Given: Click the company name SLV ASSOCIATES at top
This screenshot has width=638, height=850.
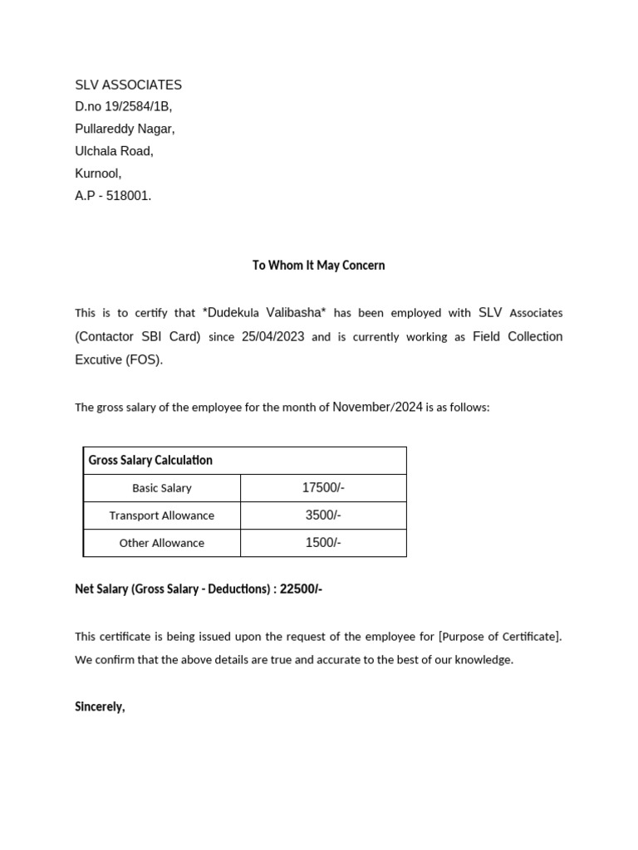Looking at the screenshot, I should (x=128, y=85).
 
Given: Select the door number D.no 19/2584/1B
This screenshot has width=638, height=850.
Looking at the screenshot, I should (x=123, y=106).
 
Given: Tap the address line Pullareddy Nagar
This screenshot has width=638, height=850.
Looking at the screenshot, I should (x=125, y=129).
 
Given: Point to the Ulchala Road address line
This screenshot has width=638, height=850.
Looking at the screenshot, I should (x=114, y=151).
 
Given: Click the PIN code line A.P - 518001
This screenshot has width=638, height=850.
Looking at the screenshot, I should (x=113, y=196).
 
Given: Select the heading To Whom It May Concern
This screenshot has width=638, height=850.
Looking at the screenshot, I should (x=318, y=266).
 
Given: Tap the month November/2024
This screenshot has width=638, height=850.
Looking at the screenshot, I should (x=377, y=407).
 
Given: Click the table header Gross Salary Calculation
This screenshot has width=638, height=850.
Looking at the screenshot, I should (x=150, y=460).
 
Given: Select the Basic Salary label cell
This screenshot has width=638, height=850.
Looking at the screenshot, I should (x=162, y=488).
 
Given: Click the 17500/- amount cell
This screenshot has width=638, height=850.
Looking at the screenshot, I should (x=323, y=488).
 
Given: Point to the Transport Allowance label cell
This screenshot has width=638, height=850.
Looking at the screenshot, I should (x=162, y=515).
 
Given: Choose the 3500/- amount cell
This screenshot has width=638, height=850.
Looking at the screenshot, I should (x=323, y=515).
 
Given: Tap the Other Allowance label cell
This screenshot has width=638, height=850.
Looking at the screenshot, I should (x=162, y=543).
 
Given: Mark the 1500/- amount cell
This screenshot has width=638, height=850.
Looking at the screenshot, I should (x=323, y=543).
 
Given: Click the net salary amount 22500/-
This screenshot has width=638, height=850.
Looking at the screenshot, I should (x=301, y=589).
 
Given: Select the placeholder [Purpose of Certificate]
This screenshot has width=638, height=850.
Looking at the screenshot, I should (x=499, y=637).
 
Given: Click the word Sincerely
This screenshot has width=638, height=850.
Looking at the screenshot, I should (x=100, y=707).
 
